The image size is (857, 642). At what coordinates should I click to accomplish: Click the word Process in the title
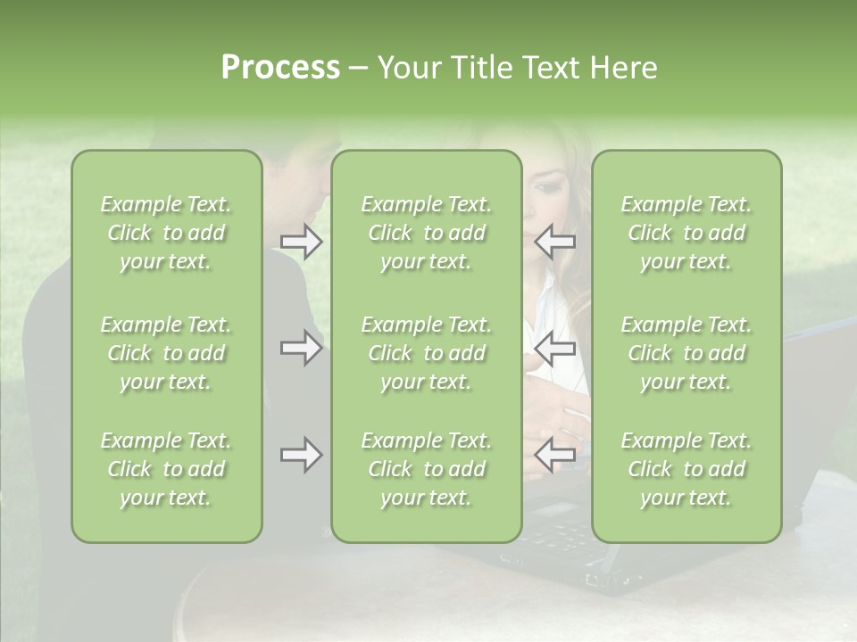pos(280,68)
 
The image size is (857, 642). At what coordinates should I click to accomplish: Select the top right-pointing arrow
pos(302,242)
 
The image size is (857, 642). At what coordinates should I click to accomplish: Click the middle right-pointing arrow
pos(302,348)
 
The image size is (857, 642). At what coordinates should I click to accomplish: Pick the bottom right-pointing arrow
pos(302,455)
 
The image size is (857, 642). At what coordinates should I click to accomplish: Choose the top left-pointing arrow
pos(555,242)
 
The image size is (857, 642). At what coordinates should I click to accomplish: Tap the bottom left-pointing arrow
pos(555,455)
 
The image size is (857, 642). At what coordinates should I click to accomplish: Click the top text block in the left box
pos(166,233)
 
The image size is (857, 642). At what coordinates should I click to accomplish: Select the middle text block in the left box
pos(166,353)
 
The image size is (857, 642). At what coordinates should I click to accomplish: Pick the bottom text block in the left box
pos(166,469)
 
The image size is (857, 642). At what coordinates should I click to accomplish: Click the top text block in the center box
pos(426,233)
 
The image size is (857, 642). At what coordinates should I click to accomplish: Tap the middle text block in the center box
pos(426,353)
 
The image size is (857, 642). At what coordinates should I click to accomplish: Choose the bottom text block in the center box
pos(426,469)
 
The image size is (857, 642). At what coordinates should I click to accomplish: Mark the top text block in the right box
pos(686,233)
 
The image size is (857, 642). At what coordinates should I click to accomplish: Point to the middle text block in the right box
pos(686,353)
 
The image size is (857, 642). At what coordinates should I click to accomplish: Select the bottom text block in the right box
pos(686,469)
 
